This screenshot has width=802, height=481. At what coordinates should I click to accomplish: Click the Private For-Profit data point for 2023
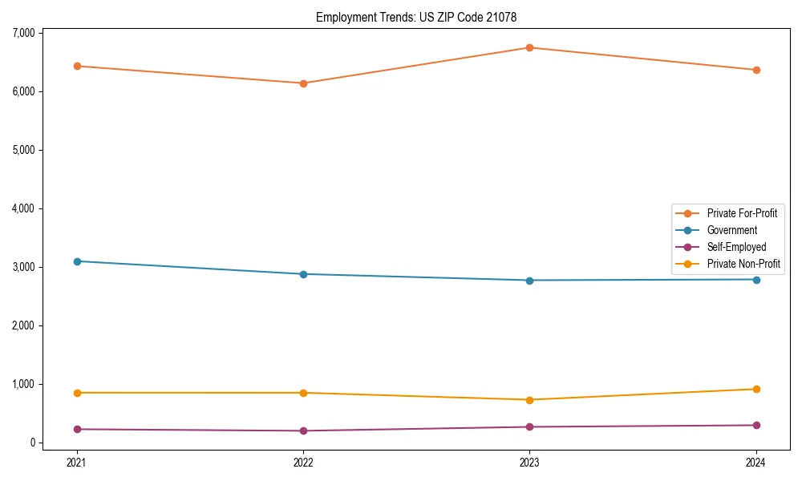(x=529, y=47)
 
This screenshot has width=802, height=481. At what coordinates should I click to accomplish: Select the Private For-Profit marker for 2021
(x=76, y=66)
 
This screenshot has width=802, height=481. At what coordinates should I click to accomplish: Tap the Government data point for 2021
(x=76, y=261)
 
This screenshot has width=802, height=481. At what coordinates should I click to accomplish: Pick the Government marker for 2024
(x=756, y=279)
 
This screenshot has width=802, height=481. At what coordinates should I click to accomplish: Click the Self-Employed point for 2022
(x=303, y=430)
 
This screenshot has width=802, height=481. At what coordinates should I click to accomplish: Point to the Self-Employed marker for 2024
(x=756, y=425)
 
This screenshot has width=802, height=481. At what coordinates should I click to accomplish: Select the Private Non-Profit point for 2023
(x=529, y=399)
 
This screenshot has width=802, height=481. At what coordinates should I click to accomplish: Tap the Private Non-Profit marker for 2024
(x=756, y=389)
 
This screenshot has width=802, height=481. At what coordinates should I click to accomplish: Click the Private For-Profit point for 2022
(x=303, y=83)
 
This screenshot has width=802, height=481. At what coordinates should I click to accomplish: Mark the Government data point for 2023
(x=529, y=280)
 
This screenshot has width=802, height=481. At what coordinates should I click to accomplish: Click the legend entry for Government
(x=731, y=230)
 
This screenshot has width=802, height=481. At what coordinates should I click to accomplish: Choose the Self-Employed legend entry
(x=736, y=247)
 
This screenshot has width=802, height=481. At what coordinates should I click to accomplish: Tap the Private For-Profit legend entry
(x=742, y=213)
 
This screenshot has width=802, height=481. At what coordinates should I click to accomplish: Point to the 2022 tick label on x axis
(x=303, y=462)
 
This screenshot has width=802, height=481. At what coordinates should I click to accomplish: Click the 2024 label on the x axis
(x=756, y=462)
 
